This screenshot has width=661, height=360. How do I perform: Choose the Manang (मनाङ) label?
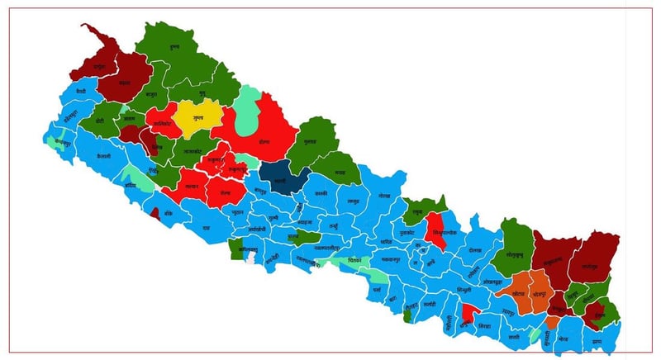point(340,172)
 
